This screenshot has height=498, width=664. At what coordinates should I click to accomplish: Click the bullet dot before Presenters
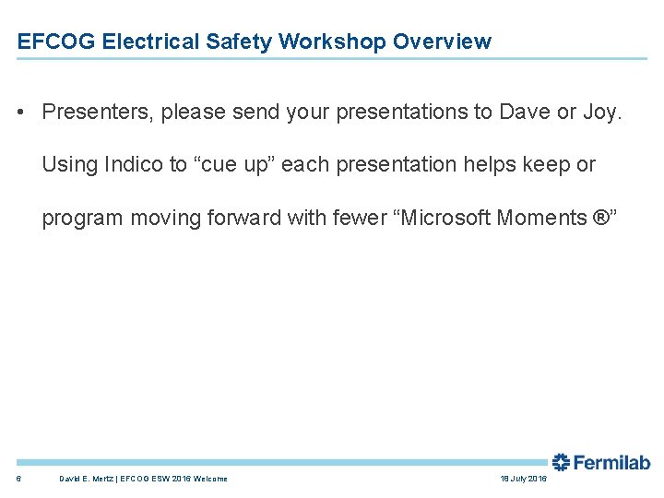[21, 113]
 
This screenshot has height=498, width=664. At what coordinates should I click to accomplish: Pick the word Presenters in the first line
[99, 112]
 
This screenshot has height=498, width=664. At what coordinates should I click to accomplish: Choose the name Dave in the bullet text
[524, 112]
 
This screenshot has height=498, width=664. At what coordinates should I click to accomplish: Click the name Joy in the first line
[602, 113]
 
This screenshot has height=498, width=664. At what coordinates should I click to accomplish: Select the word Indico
[131, 165]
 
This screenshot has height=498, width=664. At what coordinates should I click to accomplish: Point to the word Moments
[541, 219]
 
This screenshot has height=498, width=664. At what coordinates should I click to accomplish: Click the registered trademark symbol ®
[600, 219]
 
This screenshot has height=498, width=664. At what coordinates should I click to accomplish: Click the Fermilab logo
[600, 463]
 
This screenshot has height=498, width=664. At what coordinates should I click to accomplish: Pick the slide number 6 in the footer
[19, 479]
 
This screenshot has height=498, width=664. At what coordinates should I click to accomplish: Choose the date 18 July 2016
[523, 479]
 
